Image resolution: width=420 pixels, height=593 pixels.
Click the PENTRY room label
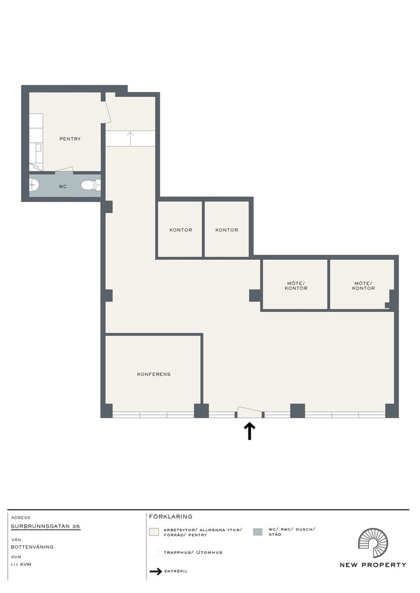70,139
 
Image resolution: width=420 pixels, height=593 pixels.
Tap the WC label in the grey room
63,186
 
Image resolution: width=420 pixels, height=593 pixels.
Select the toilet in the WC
91,185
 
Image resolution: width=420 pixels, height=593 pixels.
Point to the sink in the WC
34,185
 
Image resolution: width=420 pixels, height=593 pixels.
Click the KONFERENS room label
154,374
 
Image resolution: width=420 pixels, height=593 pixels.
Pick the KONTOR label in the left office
181,230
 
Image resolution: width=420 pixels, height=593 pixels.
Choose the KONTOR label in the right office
227,230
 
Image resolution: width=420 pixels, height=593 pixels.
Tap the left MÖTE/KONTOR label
296,285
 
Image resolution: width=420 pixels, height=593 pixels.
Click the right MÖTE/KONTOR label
363,285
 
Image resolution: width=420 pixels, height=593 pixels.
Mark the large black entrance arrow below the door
249,431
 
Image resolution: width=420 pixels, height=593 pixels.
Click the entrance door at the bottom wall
249,412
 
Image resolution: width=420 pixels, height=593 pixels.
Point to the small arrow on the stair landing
130,139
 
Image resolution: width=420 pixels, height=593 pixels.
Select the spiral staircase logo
373,543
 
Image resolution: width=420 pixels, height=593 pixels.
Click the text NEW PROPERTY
373,565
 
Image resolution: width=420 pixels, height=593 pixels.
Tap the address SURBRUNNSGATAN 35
45,527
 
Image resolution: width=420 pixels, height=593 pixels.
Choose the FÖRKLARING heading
170,517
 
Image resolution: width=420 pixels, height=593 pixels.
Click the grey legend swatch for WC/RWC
257,532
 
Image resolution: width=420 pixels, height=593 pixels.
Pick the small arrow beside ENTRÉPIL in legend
156,571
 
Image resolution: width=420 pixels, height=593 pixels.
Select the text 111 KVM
21,564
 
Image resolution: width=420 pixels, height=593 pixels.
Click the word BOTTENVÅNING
32,547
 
